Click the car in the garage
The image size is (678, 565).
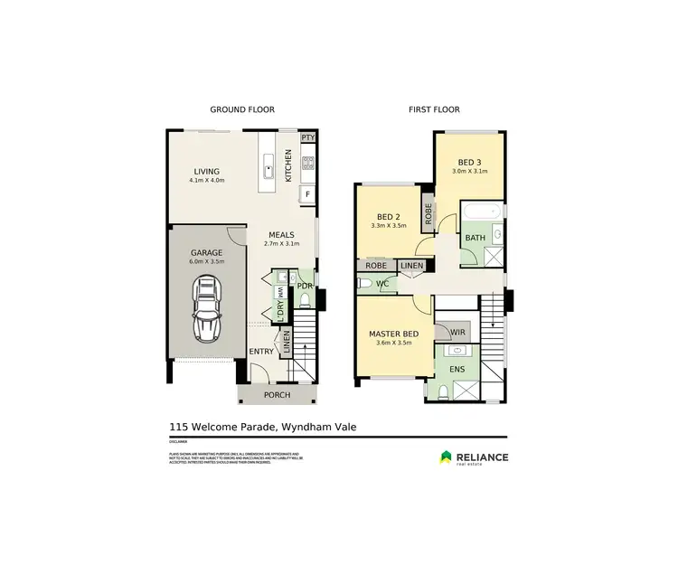pyautogui.click(x=208, y=309)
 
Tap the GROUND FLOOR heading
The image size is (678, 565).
pyautogui.click(x=242, y=109)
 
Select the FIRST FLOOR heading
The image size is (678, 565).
pyautogui.click(x=434, y=109)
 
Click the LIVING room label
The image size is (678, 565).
pyautogui.click(x=206, y=171)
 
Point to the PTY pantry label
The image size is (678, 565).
pyautogui.click(x=307, y=137)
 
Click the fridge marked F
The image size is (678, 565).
pyautogui.click(x=307, y=193)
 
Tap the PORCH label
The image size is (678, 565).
pyautogui.click(x=277, y=395)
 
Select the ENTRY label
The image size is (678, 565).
pyautogui.click(x=261, y=352)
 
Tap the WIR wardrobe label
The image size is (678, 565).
pyautogui.click(x=457, y=333)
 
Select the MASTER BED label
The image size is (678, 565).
pyautogui.click(x=391, y=334)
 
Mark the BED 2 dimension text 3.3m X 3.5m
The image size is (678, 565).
pyautogui.click(x=389, y=226)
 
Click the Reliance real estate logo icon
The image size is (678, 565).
pyautogui.click(x=447, y=457)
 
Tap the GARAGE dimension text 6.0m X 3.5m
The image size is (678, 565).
pyautogui.click(x=206, y=262)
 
